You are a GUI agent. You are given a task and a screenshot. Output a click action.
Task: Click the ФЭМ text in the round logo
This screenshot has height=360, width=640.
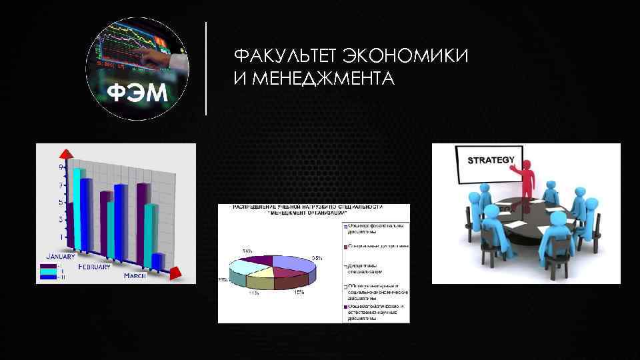[138, 93]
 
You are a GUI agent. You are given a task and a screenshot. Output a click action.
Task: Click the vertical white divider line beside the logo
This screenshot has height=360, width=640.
[206, 69]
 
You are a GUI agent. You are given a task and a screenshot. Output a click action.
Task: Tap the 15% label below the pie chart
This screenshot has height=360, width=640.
[300, 291]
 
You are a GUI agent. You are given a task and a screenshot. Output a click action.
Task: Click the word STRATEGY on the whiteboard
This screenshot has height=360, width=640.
[491, 160]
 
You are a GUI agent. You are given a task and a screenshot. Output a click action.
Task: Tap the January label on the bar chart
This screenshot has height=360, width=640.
[60, 255]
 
